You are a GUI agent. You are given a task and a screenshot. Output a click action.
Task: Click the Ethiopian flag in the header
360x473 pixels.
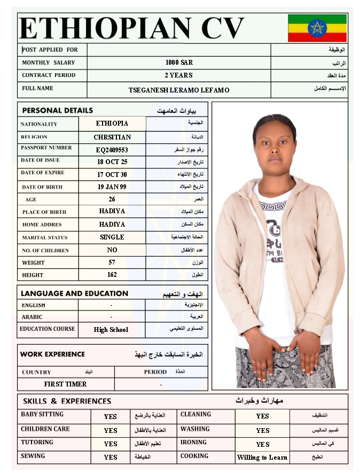pos(317,28)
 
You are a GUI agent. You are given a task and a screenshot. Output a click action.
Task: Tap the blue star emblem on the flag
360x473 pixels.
pos(317,28)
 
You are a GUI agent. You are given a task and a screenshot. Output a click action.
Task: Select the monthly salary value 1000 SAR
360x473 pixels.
pos(179,63)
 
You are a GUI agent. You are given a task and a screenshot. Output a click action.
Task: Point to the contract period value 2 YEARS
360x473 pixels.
pos(179,75)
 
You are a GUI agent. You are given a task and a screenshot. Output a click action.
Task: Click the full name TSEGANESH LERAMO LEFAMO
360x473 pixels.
pos(179,90)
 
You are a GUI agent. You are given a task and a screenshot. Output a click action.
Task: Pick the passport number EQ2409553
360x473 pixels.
pos(112,150)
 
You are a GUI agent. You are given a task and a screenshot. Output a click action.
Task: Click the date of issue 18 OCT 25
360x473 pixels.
pos(112,162)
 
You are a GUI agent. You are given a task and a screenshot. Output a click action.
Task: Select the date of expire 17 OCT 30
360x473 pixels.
pos(112,175)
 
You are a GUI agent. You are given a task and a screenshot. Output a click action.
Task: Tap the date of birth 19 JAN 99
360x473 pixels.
pos(112,187)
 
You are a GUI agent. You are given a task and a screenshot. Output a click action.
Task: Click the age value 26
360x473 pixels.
pos(112,199)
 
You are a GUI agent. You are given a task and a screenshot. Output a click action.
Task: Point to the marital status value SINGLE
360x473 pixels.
pos(112,237)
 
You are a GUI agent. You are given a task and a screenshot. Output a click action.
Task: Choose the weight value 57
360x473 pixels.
pos(112,262)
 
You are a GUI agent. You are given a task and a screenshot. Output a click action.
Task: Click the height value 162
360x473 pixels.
pos(112,275)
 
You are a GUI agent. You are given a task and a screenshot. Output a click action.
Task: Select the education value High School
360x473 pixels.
pos(111,330)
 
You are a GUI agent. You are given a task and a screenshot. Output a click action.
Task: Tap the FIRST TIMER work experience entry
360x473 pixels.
pos(65,384)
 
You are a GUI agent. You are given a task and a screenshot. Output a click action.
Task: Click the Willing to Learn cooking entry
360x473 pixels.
pos(262,458)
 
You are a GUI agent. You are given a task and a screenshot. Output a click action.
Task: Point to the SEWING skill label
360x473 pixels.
pos(33,456)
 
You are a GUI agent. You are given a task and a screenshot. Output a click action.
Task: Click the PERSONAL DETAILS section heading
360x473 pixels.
pos(58,111)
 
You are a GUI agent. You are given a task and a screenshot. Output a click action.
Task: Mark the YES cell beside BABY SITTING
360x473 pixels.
pos(111,416)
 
